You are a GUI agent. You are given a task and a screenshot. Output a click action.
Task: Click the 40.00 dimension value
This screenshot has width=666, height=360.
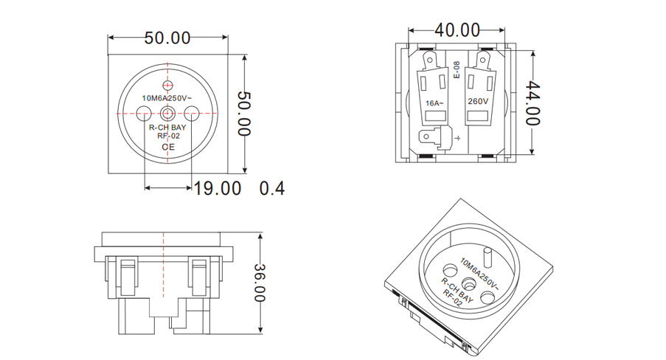(x=457, y=30)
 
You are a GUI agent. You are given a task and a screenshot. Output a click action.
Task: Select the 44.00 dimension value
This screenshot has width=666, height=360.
(x=533, y=103)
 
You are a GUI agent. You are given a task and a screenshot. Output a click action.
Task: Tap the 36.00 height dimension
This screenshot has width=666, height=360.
(x=260, y=283)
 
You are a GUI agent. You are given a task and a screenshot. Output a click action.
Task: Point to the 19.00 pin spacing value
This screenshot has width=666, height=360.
(x=218, y=188)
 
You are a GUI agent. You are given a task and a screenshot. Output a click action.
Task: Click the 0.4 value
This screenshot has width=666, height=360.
(x=272, y=188)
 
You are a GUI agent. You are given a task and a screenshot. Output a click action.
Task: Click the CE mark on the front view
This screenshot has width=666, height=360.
(x=169, y=147)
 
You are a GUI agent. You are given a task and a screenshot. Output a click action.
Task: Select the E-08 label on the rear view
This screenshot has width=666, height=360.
(x=457, y=70)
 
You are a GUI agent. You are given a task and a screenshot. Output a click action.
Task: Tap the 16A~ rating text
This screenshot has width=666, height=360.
(x=434, y=103)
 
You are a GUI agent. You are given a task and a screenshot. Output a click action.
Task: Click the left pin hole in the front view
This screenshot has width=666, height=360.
(x=145, y=113)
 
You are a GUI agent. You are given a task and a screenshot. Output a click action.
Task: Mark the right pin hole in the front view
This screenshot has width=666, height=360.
(x=192, y=113)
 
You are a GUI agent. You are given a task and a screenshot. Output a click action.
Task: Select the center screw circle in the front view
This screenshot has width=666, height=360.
(x=169, y=113)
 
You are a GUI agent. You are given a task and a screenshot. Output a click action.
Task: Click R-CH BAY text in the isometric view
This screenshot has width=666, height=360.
(x=457, y=287)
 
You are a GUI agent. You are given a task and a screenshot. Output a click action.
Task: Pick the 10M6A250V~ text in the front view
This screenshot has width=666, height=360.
(x=167, y=98)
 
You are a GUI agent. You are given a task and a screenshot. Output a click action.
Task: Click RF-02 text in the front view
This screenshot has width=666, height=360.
(x=169, y=136)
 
